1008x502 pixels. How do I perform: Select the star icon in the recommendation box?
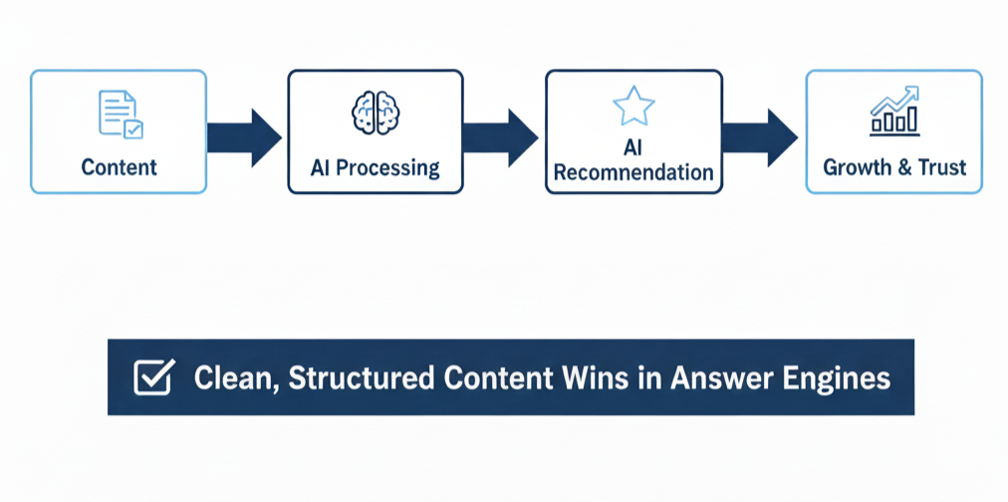tap(632, 106)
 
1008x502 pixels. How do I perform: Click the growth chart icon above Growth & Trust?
tap(893, 112)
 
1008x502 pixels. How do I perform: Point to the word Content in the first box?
tap(120, 166)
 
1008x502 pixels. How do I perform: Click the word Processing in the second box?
tap(387, 166)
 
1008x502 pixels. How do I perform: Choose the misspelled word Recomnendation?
tap(633, 172)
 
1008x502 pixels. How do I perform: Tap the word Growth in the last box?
tap(856, 166)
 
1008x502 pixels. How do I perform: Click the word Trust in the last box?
tap(942, 166)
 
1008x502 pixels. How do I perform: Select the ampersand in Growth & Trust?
tap(904, 166)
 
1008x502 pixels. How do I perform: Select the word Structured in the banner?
tap(361, 378)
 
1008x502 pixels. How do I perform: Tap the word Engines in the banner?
tap(843, 378)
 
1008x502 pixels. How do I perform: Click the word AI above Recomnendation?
tap(632, 147)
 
